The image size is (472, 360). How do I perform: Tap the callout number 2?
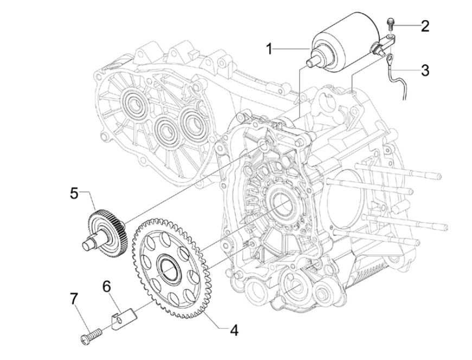(x=424, y=25)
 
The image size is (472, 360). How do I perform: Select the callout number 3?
(x=424, y=70)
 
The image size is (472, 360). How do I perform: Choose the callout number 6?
(x=106, y=285)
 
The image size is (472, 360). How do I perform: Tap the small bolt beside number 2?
(x=390, y=24)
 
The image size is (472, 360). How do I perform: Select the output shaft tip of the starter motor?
(x=311, y=62)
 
